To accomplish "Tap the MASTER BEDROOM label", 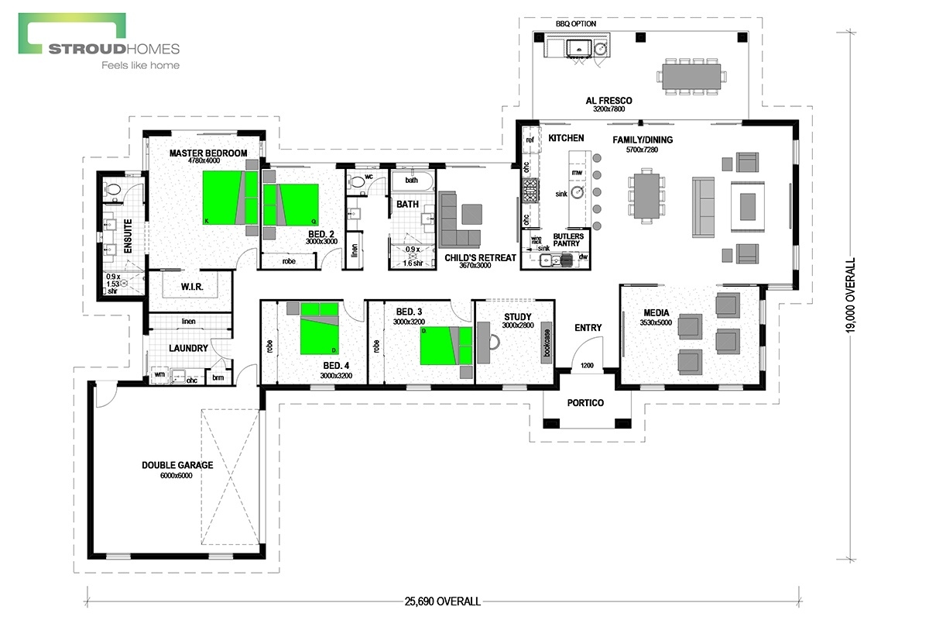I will [x=208, y=153].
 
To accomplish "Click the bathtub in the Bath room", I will [x=411, y=181].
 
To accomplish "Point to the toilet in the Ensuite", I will [x=113, y=188].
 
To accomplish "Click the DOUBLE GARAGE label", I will [x=177, y=465].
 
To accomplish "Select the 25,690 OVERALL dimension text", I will [x=441, y=601].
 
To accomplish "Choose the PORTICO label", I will [x=584, y=403].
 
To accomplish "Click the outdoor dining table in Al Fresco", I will [x=693, y=76].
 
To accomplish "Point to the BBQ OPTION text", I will [x=576, y=24].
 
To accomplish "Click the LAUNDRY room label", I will [x=189, y=349].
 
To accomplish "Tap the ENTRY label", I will [x=588, y=328].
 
